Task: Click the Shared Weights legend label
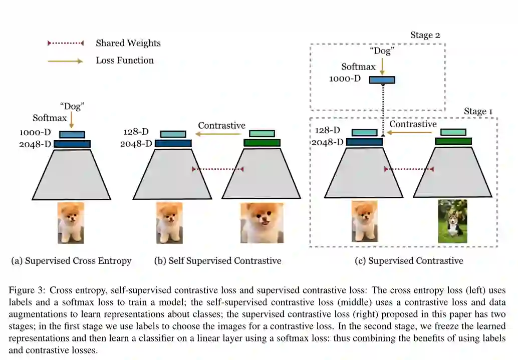[128, 43]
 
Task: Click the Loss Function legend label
[125, 61]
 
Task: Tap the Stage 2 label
[425, 35]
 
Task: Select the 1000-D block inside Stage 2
[382, 80]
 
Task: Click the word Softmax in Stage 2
[358, 67]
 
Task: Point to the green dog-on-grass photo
[452, 221]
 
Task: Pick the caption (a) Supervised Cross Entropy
[71, 261]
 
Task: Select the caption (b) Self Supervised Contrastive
[217, 261]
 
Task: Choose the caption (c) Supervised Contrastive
[408, 261]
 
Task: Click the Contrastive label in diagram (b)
[221, 126]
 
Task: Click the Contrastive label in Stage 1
[413, 124]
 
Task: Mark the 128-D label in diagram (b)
[136, 132]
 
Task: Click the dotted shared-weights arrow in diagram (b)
[217, 170]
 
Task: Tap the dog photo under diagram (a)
[71, 222]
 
